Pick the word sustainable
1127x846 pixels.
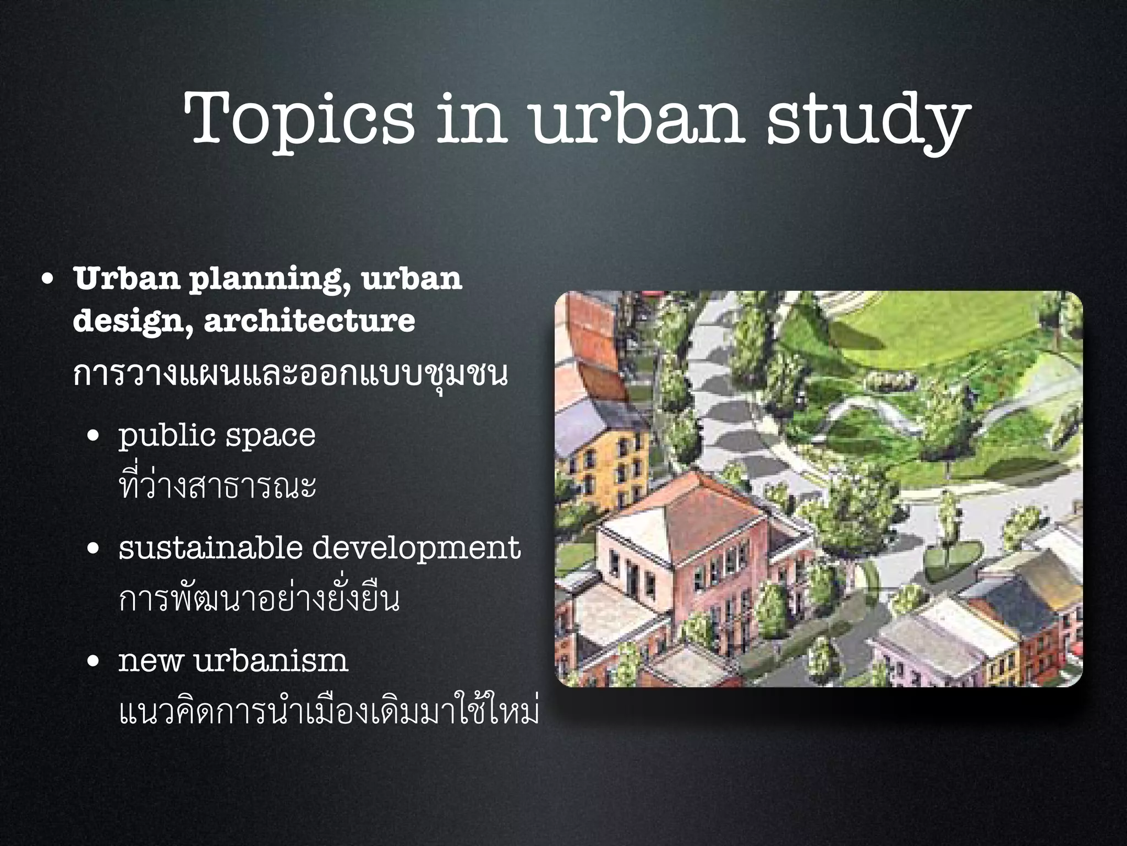(211, 548)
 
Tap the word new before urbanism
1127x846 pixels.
(150, 661)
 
